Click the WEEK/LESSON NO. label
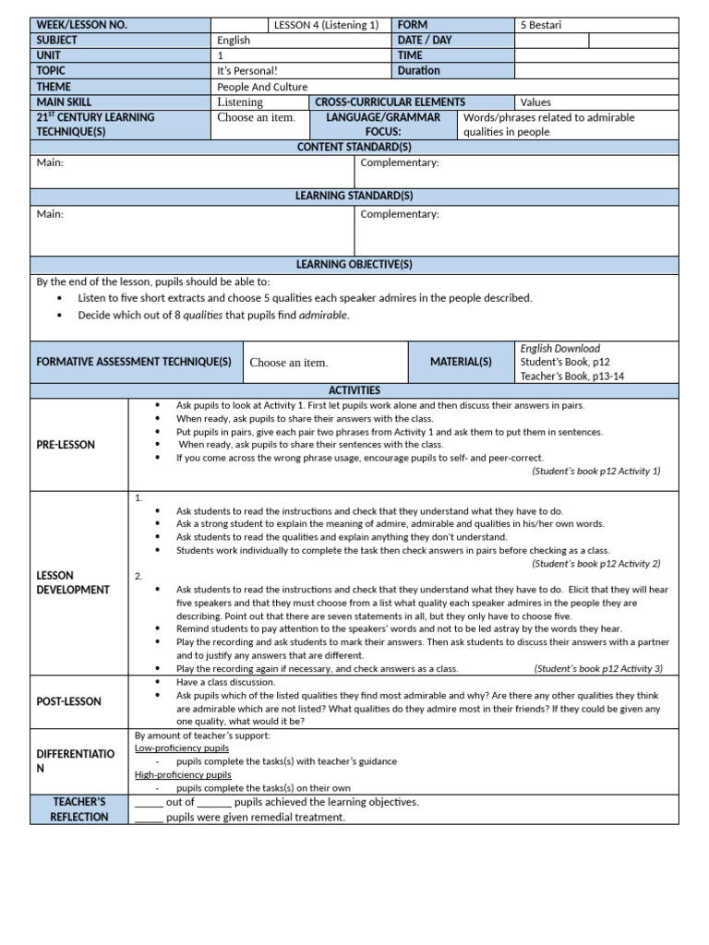pos(82,25)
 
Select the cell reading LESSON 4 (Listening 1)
pos(326,25)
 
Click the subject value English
pos(234,41)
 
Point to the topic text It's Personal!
pos(247,71)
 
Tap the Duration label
pos(419,70)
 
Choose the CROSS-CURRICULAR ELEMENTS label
pos(390,102)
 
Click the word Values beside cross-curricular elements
pos(537,102)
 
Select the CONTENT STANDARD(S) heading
pos(354,148)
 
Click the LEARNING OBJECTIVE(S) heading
pos(354,265)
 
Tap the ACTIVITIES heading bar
pos(354,391)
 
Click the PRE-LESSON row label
pos(66,445)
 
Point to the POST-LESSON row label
pos(68,701)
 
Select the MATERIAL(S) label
pos(461,363)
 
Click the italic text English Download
pos(560,349)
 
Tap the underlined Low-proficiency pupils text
pos(181,748)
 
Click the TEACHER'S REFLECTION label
pos(78,809)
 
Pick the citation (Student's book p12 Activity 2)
pos(596,563)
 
